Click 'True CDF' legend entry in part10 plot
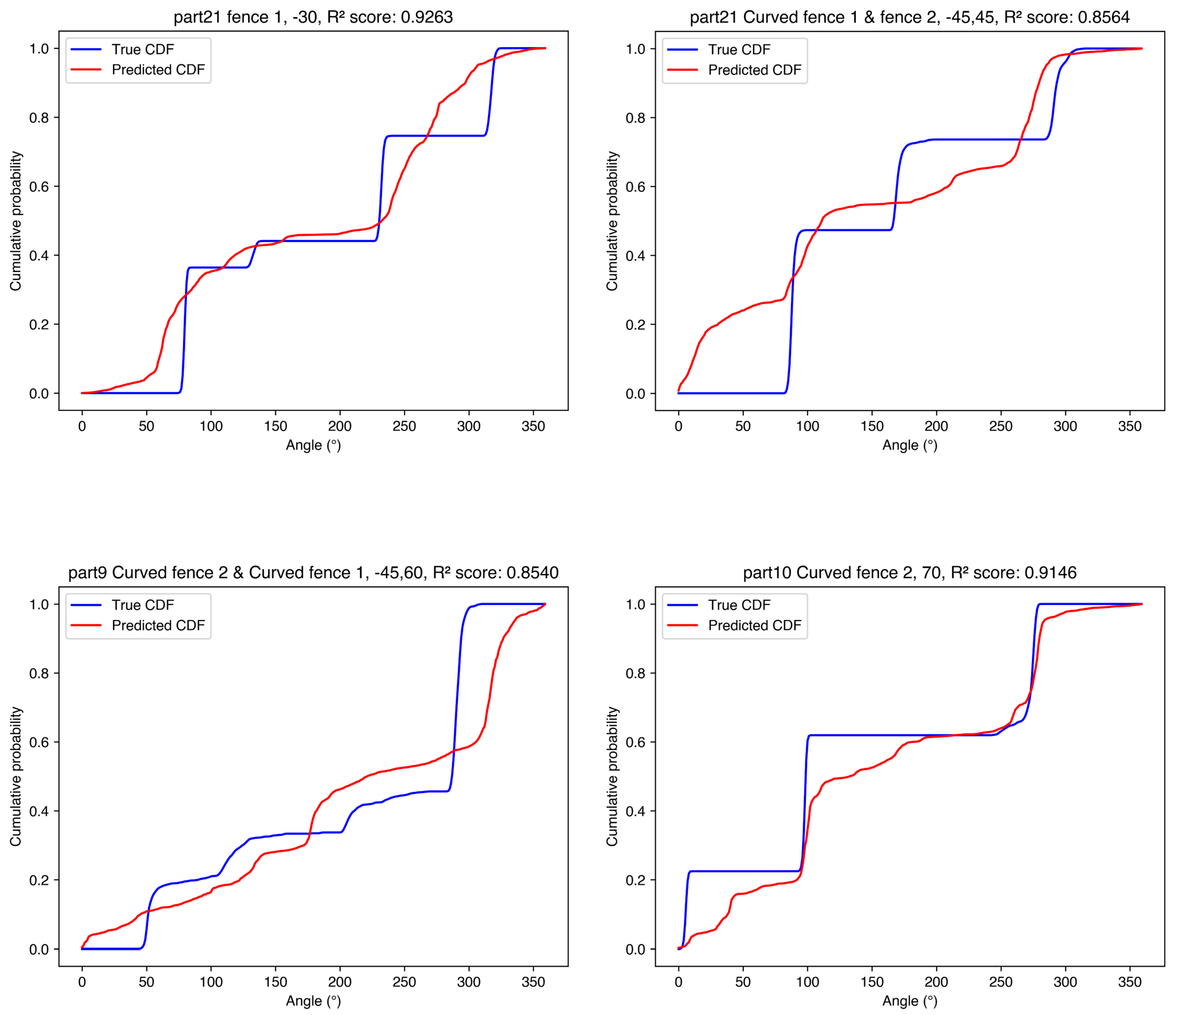[739, 605]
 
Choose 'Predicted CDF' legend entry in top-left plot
[158, 69]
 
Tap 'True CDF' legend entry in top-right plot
[739, 49]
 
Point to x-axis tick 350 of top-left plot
[533, 426]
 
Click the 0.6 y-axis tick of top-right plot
[636, 187]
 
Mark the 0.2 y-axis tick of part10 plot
[636, 880]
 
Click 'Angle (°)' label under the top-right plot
[910, 445]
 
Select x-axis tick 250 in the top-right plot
[1000, 426]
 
